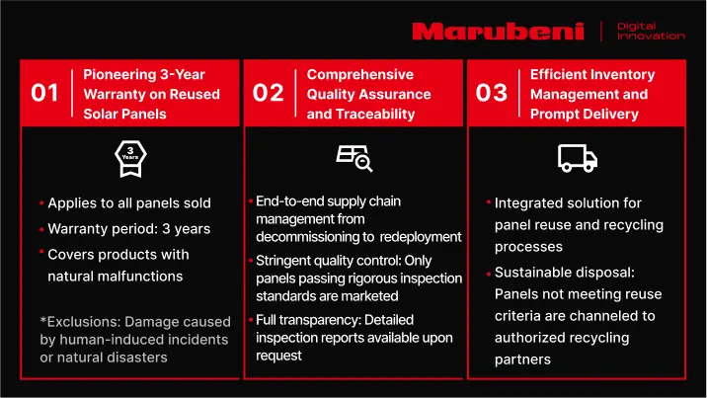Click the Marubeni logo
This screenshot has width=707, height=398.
pos(499,32)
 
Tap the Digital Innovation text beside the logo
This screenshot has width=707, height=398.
pos(651,31)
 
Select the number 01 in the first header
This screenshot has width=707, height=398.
pos(44,93)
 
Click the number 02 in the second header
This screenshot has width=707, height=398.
pos(268,93)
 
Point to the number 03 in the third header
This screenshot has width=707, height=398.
pos(492,93)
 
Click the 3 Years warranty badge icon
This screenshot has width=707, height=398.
pos(130,159)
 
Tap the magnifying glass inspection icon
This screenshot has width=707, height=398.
pos(354,158)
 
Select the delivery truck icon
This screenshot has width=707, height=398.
pos(578,158)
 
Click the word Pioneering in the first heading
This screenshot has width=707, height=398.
pos(119,75)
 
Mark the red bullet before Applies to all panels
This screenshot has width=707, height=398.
pos(41,203)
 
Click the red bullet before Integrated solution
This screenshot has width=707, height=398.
pos(489,201)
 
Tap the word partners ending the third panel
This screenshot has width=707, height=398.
pos(522,360)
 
